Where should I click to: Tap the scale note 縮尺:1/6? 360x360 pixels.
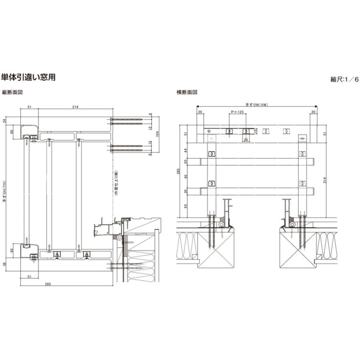tap(345, 79)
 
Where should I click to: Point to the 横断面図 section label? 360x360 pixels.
tap(187, 92)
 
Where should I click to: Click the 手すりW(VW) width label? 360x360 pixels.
tap(256, 105)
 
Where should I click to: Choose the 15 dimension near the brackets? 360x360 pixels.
tap(255, 131)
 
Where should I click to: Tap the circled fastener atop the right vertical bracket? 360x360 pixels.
tap(302, 139)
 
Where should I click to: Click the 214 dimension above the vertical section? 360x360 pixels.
tap(75, 107)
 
